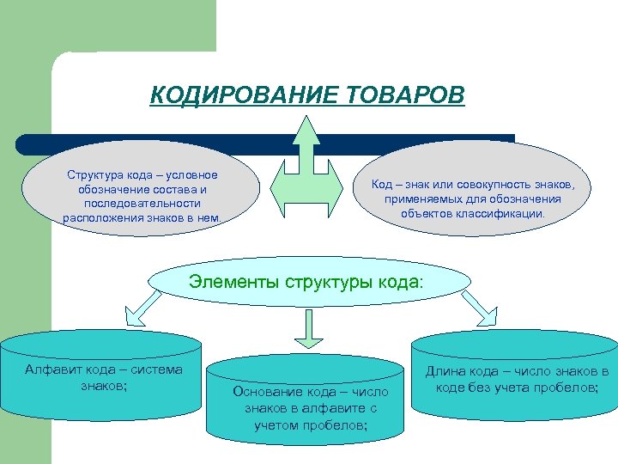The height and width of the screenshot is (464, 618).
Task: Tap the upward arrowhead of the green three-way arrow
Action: (x=306, y=129)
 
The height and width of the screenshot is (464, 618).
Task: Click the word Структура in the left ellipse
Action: (x=94, y=175)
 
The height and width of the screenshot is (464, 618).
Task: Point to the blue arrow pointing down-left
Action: (x=141, y=306)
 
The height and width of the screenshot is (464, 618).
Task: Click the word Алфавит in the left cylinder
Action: (x=53, y=370)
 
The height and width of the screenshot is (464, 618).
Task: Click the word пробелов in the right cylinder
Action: (x=566, y=387)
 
